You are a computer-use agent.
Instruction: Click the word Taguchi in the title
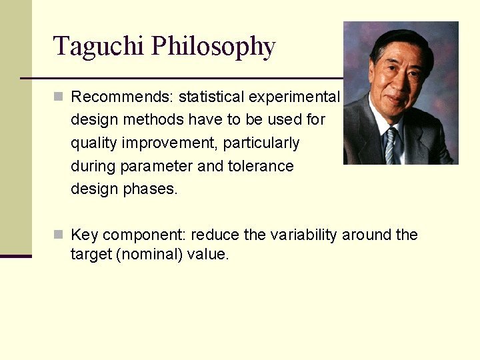tap(99, 47)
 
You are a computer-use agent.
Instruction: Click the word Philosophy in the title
tap(213, 47)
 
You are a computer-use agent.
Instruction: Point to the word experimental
tap(294, 97)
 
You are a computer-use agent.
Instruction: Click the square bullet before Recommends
tap(59, 97)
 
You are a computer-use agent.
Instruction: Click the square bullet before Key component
tap(59, 235)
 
